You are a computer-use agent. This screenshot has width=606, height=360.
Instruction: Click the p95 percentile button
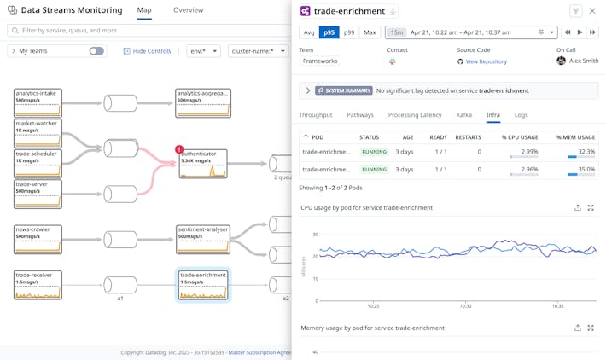[329, 32]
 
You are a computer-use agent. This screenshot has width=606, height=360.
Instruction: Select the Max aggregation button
[370, 32]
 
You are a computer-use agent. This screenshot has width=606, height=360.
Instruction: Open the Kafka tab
[463, 115]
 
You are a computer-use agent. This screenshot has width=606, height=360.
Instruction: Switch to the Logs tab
[521, 115]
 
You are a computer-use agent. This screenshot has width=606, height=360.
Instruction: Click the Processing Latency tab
[415, 115]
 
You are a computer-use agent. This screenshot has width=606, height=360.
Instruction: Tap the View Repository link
[486, 61]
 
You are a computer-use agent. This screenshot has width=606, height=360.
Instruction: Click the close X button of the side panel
[592, 11]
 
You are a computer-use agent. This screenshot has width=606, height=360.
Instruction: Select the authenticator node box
[203, 163]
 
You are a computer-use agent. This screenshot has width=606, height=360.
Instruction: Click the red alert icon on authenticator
[179, 149]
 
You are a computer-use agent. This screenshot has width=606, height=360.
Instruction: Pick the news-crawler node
[38, 239]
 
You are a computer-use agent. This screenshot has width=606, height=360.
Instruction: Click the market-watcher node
[38, 133]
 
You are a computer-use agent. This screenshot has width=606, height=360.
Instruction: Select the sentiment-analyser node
[203, 239]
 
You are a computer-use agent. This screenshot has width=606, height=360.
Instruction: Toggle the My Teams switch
[96, 51]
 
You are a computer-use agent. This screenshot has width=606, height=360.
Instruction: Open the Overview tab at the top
[188, 10]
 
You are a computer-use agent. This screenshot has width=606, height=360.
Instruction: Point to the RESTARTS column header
[468, 136]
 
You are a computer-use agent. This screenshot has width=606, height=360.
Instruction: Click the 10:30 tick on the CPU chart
[465, 305]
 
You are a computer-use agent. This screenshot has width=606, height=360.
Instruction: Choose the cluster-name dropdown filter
[259, 51]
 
